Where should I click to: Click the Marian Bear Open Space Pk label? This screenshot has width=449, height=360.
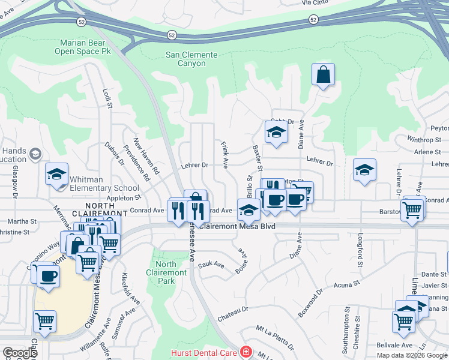click(83, 46)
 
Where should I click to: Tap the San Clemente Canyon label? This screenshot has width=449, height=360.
click(190, 60)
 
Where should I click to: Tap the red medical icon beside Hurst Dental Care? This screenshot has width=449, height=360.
click(244, 352)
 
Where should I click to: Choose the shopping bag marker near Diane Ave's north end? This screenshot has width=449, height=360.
click(323, 75)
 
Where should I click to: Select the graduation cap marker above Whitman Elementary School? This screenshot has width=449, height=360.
click(56, 175)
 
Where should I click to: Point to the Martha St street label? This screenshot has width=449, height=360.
click(22, 221)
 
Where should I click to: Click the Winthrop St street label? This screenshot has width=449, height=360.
click(424, 140)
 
